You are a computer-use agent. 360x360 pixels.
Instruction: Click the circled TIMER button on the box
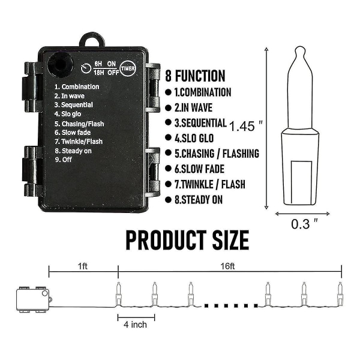click(128, 68)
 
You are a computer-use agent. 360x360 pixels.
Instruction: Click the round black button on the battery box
click(60, 65)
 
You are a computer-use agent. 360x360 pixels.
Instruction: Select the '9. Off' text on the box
click(64, 160)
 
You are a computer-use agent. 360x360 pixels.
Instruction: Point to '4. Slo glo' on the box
click(68, 114)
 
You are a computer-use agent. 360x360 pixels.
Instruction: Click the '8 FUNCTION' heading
click(195, 76)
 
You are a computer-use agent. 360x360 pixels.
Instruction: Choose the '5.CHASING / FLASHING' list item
click(217, 154)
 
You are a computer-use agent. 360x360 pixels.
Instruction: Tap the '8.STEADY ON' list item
click(199, 200)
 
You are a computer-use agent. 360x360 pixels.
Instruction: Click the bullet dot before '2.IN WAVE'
click(168, 108)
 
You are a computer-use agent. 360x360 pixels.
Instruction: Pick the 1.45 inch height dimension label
click(246, 126)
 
